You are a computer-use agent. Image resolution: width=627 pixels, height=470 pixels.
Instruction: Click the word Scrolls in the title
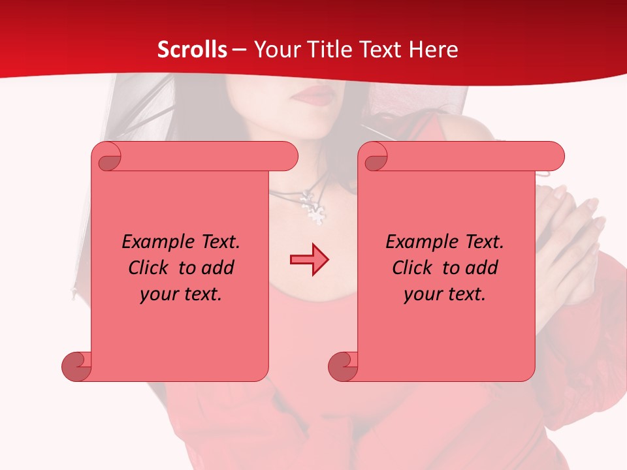click(192, 50)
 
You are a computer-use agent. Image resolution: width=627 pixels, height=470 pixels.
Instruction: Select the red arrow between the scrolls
click(309, 260)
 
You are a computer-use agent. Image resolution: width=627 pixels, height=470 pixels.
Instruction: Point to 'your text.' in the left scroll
click(181, 294)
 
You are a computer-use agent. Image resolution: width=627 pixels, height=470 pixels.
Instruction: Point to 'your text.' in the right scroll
click(445, 294)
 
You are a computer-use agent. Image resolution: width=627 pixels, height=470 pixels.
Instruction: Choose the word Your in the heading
click(273, 50)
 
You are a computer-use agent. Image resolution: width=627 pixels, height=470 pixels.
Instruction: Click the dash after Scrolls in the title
click(239, 50)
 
